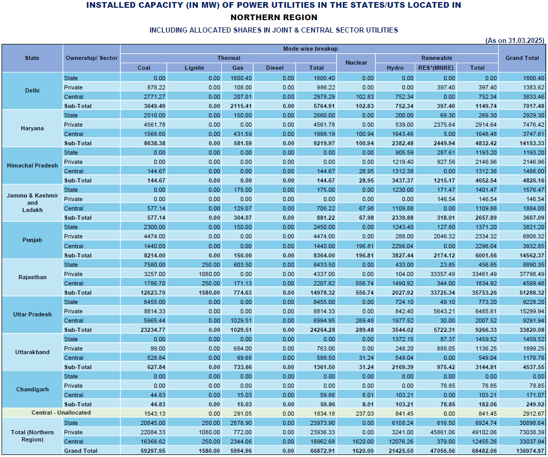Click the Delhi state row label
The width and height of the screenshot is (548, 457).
click(x=32, y=90)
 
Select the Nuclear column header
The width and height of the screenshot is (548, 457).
click(x=356, y=63)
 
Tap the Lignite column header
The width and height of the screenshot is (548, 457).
click(x=194, y=68)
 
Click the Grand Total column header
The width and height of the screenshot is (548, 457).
click(x=522, y=58)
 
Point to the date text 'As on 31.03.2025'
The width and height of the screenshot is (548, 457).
click(x=514, y=40)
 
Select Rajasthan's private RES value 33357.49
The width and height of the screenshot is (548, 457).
click(x=437, y=274)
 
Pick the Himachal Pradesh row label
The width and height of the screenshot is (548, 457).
click(x=32, y=165)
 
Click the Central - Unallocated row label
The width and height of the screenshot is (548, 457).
click(x=61, y=413)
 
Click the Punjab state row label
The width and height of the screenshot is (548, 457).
click(x=32, y=240)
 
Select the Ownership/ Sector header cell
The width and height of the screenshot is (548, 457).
click(x=92, y=58)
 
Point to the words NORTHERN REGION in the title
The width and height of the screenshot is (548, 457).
click(x=273, y=18)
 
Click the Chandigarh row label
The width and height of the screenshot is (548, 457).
click(x=32, y=389)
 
